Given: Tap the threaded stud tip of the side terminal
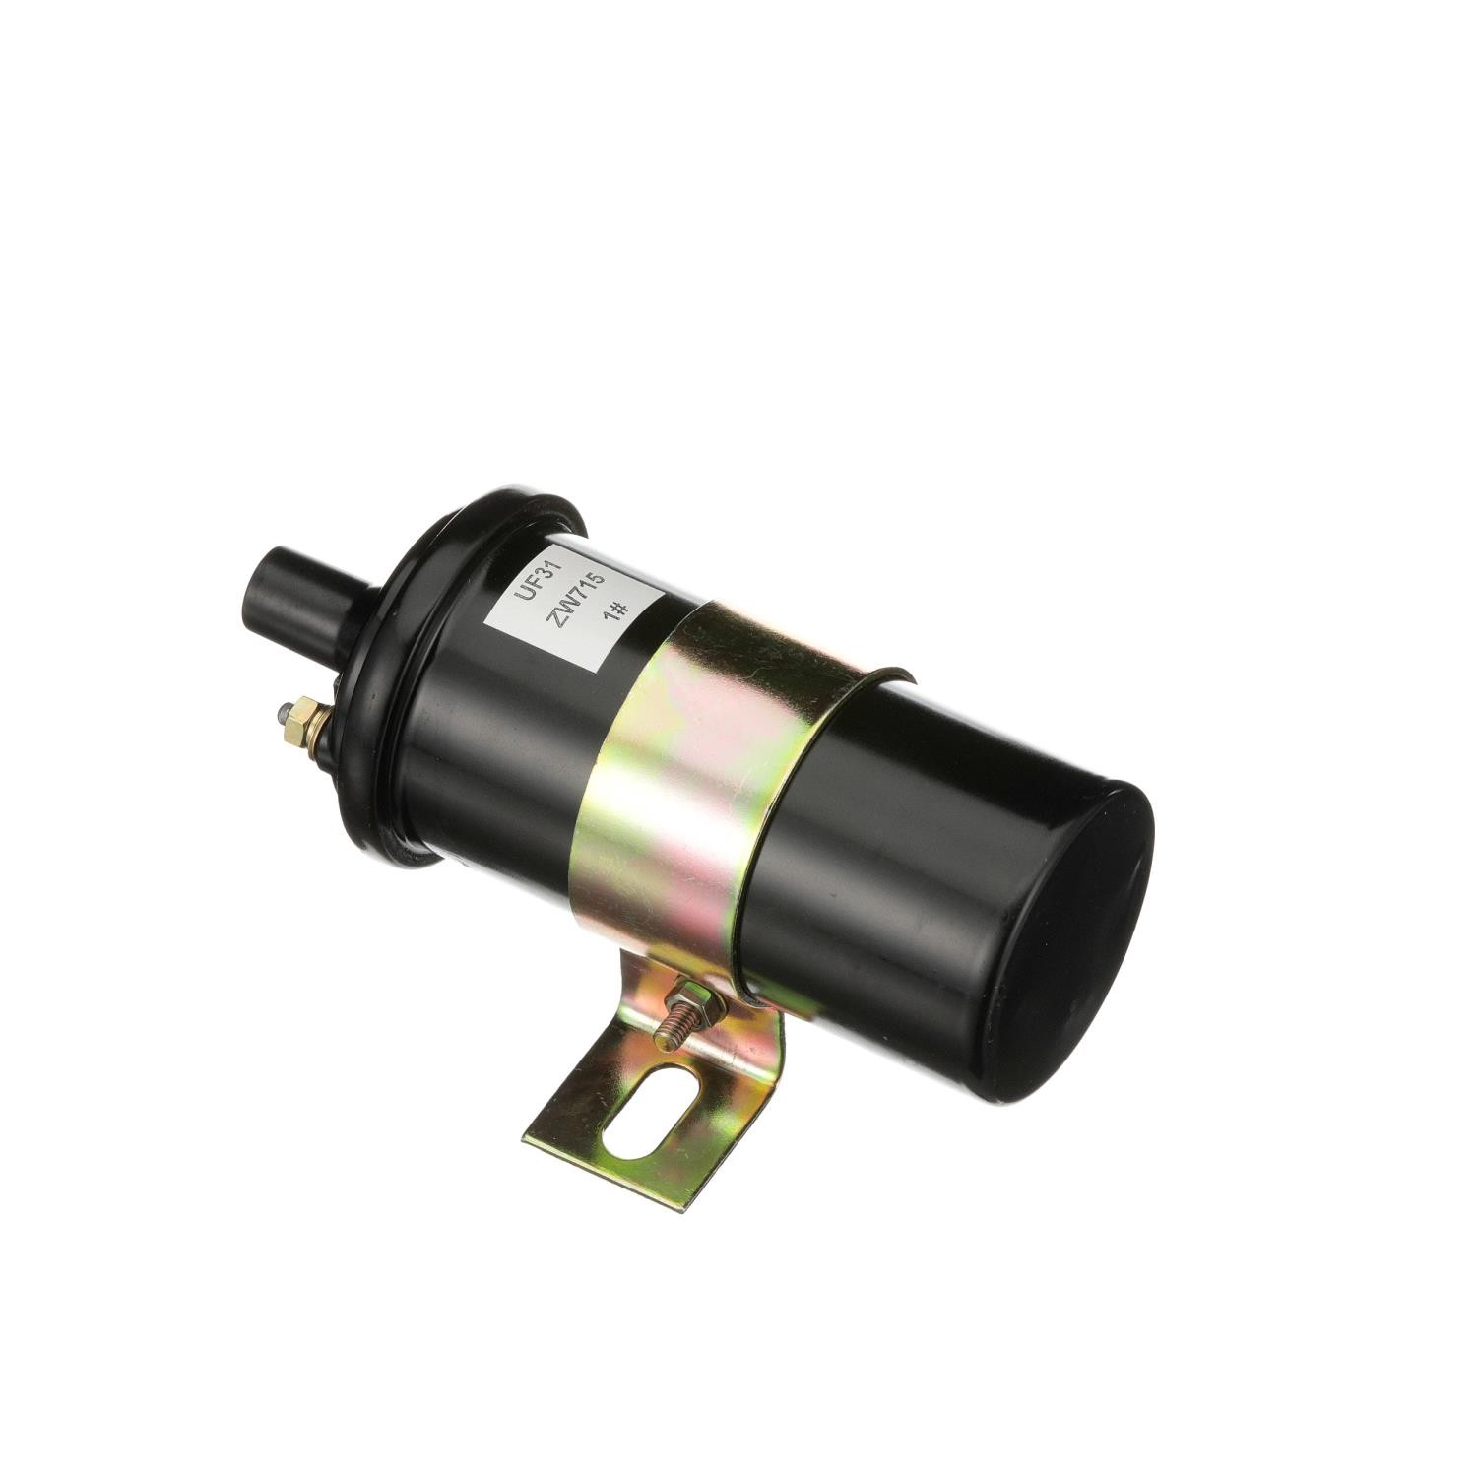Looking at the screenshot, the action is (x=284, y=710).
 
